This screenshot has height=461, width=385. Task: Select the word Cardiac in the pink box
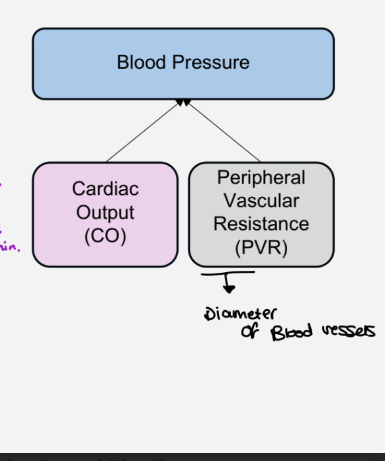pyautogui.click(x=105, y=189)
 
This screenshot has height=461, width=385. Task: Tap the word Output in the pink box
pyautogui.click(x=105, y=213)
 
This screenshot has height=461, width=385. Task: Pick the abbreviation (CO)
pyautogui.click(x=105, y=236)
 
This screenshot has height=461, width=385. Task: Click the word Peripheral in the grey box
pyautogui.click(x=261, y=178)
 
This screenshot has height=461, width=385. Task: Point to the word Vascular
pyautogui.click(x=261, y=201)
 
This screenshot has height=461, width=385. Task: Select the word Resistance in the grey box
pyautogui.click(x=261, y=224)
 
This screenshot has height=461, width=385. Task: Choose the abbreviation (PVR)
pyautogui.click(x=261, y=248)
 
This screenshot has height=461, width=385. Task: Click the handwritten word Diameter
pyautogui.click(x=241, y=314)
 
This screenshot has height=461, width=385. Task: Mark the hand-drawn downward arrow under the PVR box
pyautogui.click(x=228, y=285)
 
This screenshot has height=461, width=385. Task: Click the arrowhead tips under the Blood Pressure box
pyautogui.click(x=183, y=102)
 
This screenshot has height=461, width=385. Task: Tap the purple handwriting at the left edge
pyautogui.click(x=9, y=248)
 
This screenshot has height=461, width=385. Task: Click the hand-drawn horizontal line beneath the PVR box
pyautogui.click(x=228, y=272)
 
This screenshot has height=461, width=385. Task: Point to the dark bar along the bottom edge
pyautogui.click(x=192, y=457)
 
